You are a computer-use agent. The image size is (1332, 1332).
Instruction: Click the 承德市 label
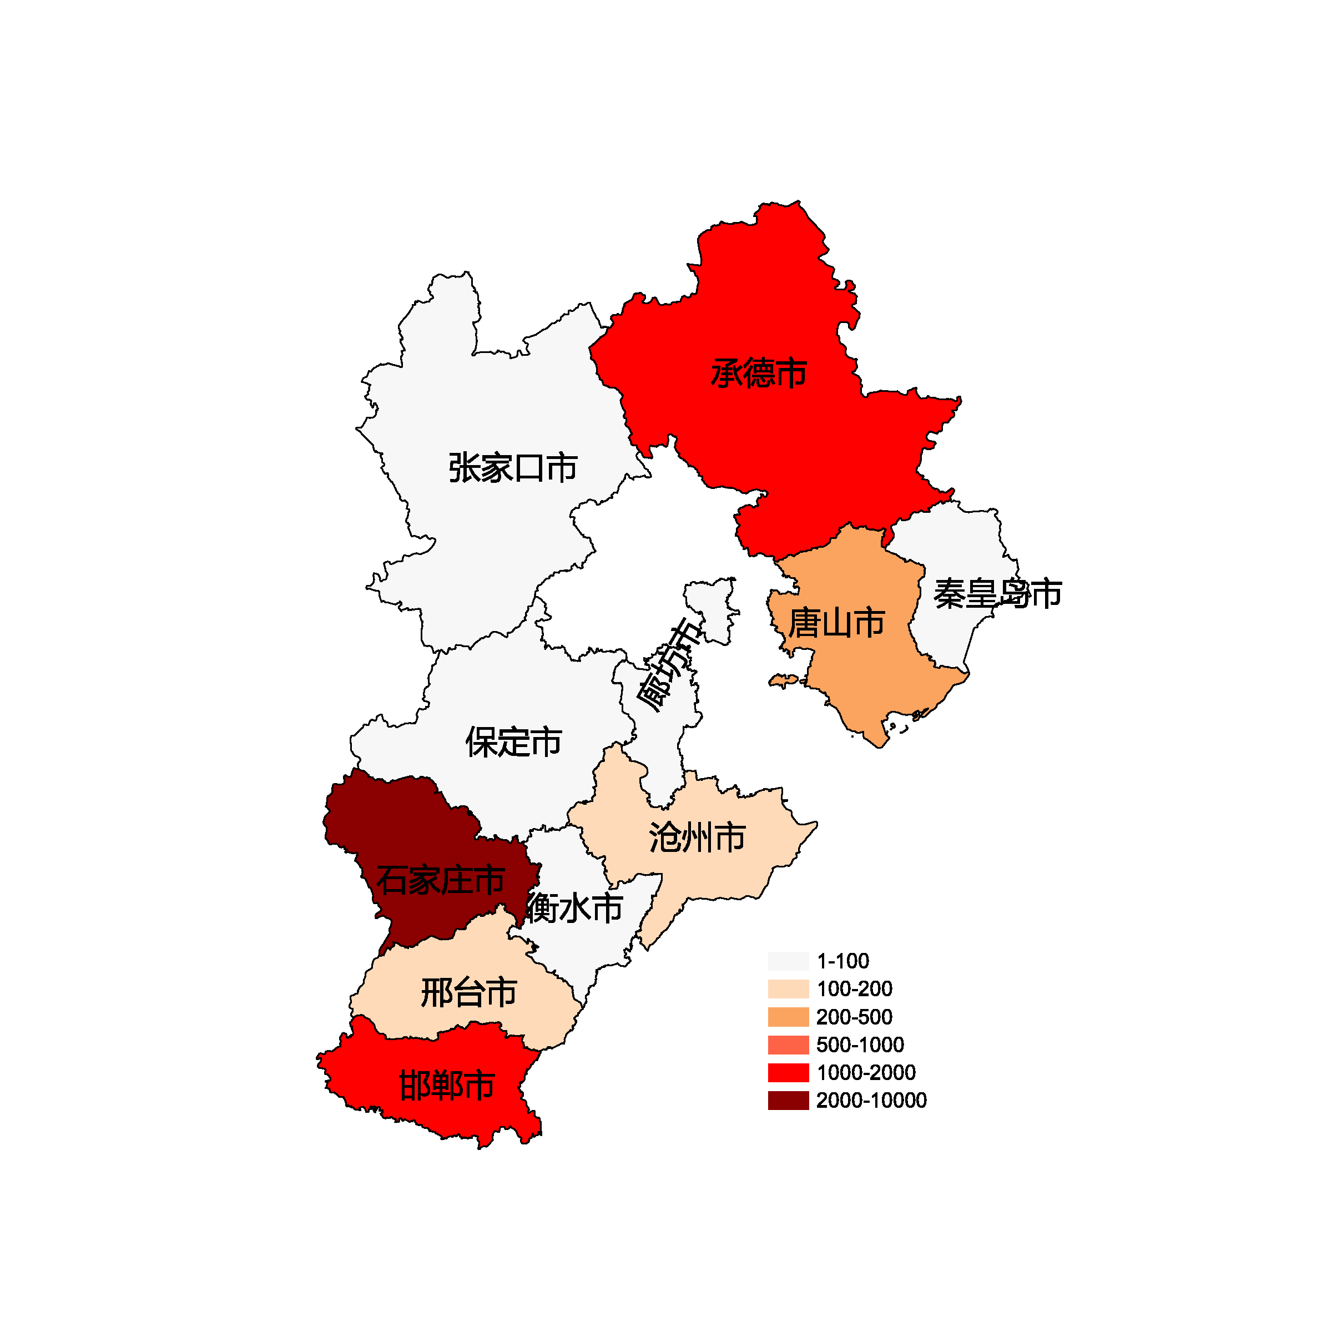tap(758, 373)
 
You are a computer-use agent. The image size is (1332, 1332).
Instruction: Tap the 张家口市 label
tap(512, 467)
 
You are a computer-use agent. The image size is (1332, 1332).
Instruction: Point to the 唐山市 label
tap(836, 623)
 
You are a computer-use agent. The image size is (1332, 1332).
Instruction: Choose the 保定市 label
tap(513, 742)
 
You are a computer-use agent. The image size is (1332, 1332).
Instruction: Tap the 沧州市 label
tap(697, 837)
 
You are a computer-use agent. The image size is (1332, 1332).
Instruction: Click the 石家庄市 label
tap(440, 880)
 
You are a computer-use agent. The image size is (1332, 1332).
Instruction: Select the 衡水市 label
tap(574, 907)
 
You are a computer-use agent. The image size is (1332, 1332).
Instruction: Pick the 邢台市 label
tap(469, 993)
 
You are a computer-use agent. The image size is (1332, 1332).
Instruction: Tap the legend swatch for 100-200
tap(788, 988)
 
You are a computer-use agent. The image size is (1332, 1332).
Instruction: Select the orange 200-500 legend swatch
tap(788, 1017)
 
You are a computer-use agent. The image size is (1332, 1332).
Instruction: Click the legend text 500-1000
tap(860, 1045)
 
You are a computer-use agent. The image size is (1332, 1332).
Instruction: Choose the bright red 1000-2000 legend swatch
tap(788, 1073)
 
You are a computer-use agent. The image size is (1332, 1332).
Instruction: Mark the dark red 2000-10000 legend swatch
tap(788, 1101)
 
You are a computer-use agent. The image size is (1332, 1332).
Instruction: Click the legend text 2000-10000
tap(871, 1101)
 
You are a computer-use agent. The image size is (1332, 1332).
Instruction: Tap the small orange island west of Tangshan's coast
tap(783, 681)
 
